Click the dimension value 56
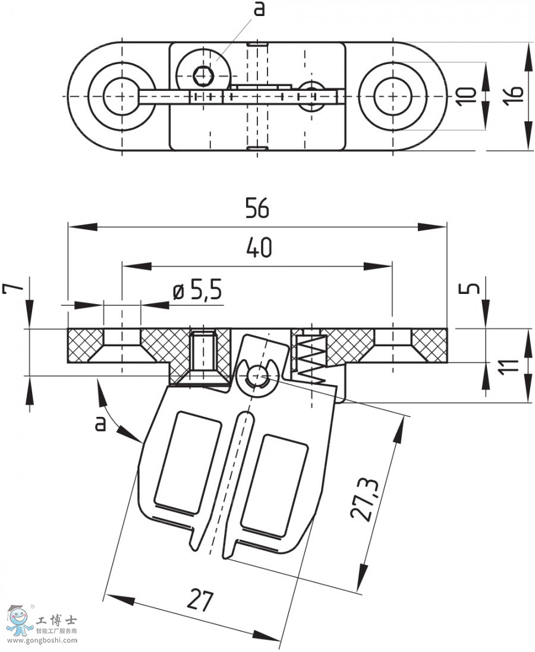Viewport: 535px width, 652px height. [x=257, y=209]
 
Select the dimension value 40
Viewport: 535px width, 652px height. [x=257, y=248]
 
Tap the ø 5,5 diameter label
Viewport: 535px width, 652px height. [x=197, y=291]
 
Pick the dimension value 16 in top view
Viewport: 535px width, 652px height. [x=515, y=95]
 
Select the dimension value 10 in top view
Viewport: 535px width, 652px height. [x=468, y=95]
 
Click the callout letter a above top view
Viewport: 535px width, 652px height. [x=259, y=10]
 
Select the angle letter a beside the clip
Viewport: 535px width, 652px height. [x=100, y=423]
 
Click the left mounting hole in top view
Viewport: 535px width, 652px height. [x=121, y=96]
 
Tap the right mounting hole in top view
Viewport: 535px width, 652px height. [x=392, y=96]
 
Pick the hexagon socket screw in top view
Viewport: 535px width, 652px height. [x=204, y=75]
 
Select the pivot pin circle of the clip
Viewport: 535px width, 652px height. [x=257, y=374]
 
